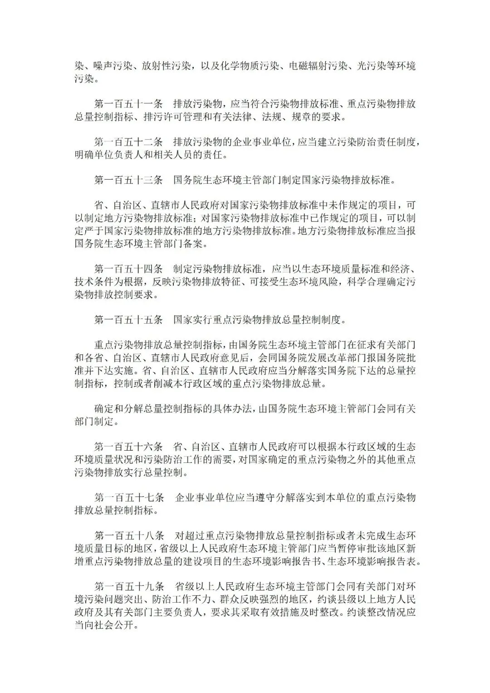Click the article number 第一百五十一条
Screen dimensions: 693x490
coord(128,104)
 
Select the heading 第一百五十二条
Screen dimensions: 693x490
coord(128,142)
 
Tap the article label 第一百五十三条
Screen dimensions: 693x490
coord(128,180)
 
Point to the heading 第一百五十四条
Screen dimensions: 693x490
coord(128,269)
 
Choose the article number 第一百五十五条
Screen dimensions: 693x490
coord(128,319)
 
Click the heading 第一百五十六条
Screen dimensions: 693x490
coord(128,447)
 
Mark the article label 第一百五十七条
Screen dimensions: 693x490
coord(128,497)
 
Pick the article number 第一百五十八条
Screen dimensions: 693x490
coord(128,536)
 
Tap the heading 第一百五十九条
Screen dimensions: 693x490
coord(128,586)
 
